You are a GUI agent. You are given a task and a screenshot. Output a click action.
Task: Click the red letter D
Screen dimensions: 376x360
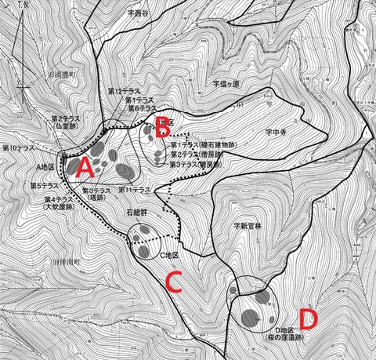(309, 317)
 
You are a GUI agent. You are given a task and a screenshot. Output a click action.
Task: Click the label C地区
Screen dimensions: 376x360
(171, 256)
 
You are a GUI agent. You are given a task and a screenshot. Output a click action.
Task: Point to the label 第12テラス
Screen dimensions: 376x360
(125, 91)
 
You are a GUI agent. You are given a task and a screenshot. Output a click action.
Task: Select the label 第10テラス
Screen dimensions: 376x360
(20, 147)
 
